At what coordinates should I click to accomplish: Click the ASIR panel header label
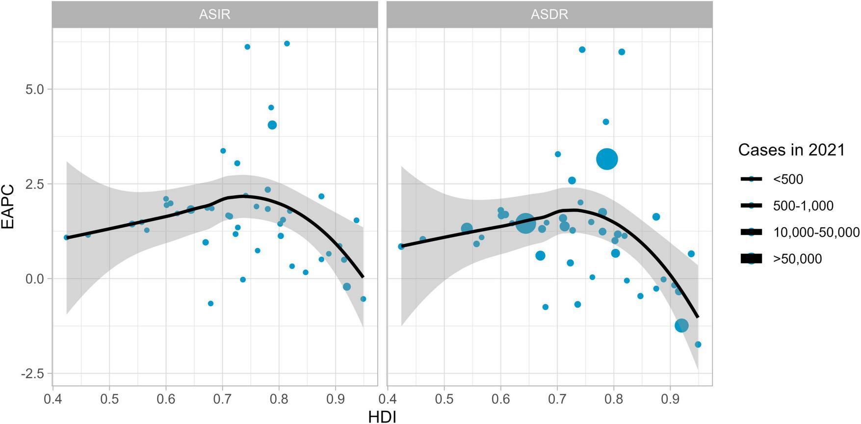(214, 14)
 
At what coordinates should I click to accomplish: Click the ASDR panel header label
(549, 14)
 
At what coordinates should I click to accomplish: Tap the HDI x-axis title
(382, 417)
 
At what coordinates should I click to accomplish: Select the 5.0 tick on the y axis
(33, 89)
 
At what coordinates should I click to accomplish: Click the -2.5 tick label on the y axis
(32, 373)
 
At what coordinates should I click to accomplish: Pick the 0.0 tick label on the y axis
(33, 279)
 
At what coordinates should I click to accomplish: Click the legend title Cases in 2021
(791, 150)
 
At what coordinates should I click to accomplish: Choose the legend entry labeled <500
(788, 180)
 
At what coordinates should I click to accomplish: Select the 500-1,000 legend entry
(803, 206)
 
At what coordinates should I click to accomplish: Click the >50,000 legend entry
(797, 259)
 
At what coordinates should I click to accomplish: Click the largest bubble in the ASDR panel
(607, 159)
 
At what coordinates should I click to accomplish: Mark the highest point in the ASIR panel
(287, 44)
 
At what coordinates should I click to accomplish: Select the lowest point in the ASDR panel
(698, 344)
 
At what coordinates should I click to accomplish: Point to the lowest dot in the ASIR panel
(210, 304)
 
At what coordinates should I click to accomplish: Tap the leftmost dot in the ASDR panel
(401, 246)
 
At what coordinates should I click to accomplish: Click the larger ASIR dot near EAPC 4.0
(272, 125)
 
